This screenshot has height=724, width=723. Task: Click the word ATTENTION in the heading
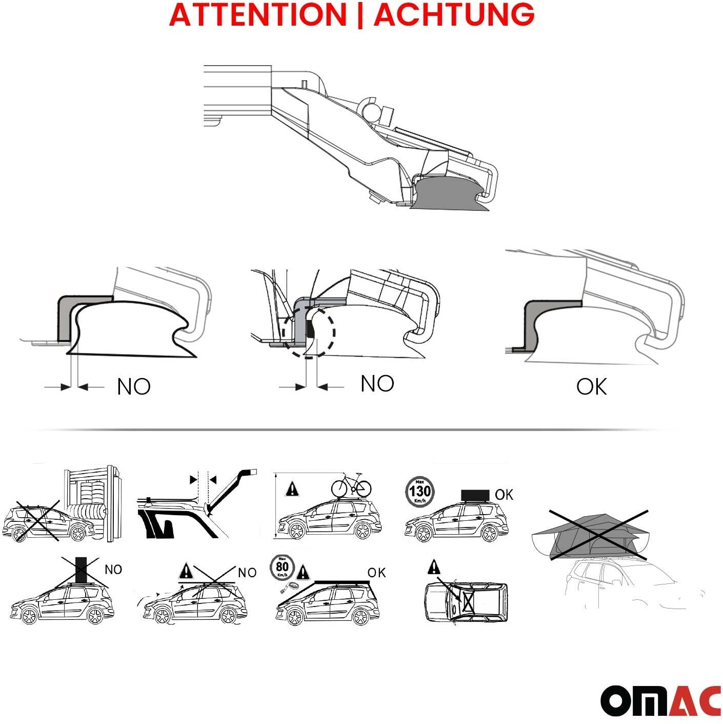[x=257, y=14]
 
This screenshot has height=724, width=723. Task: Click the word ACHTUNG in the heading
[x=454, y=14]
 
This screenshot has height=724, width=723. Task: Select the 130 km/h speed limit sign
[x=419, y=492]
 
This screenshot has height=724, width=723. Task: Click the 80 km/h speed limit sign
[x=282, y=567]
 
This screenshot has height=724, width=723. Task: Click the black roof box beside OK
[x=475, y=495]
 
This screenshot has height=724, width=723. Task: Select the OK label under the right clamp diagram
[x=592, y=386]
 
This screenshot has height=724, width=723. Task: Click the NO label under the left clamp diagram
[x=134, y=386]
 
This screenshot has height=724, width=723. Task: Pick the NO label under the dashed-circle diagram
[x=377, y=384]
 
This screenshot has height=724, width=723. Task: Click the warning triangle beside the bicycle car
[x=292, y=490]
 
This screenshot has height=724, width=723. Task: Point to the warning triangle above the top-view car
[x=433, y=566]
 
